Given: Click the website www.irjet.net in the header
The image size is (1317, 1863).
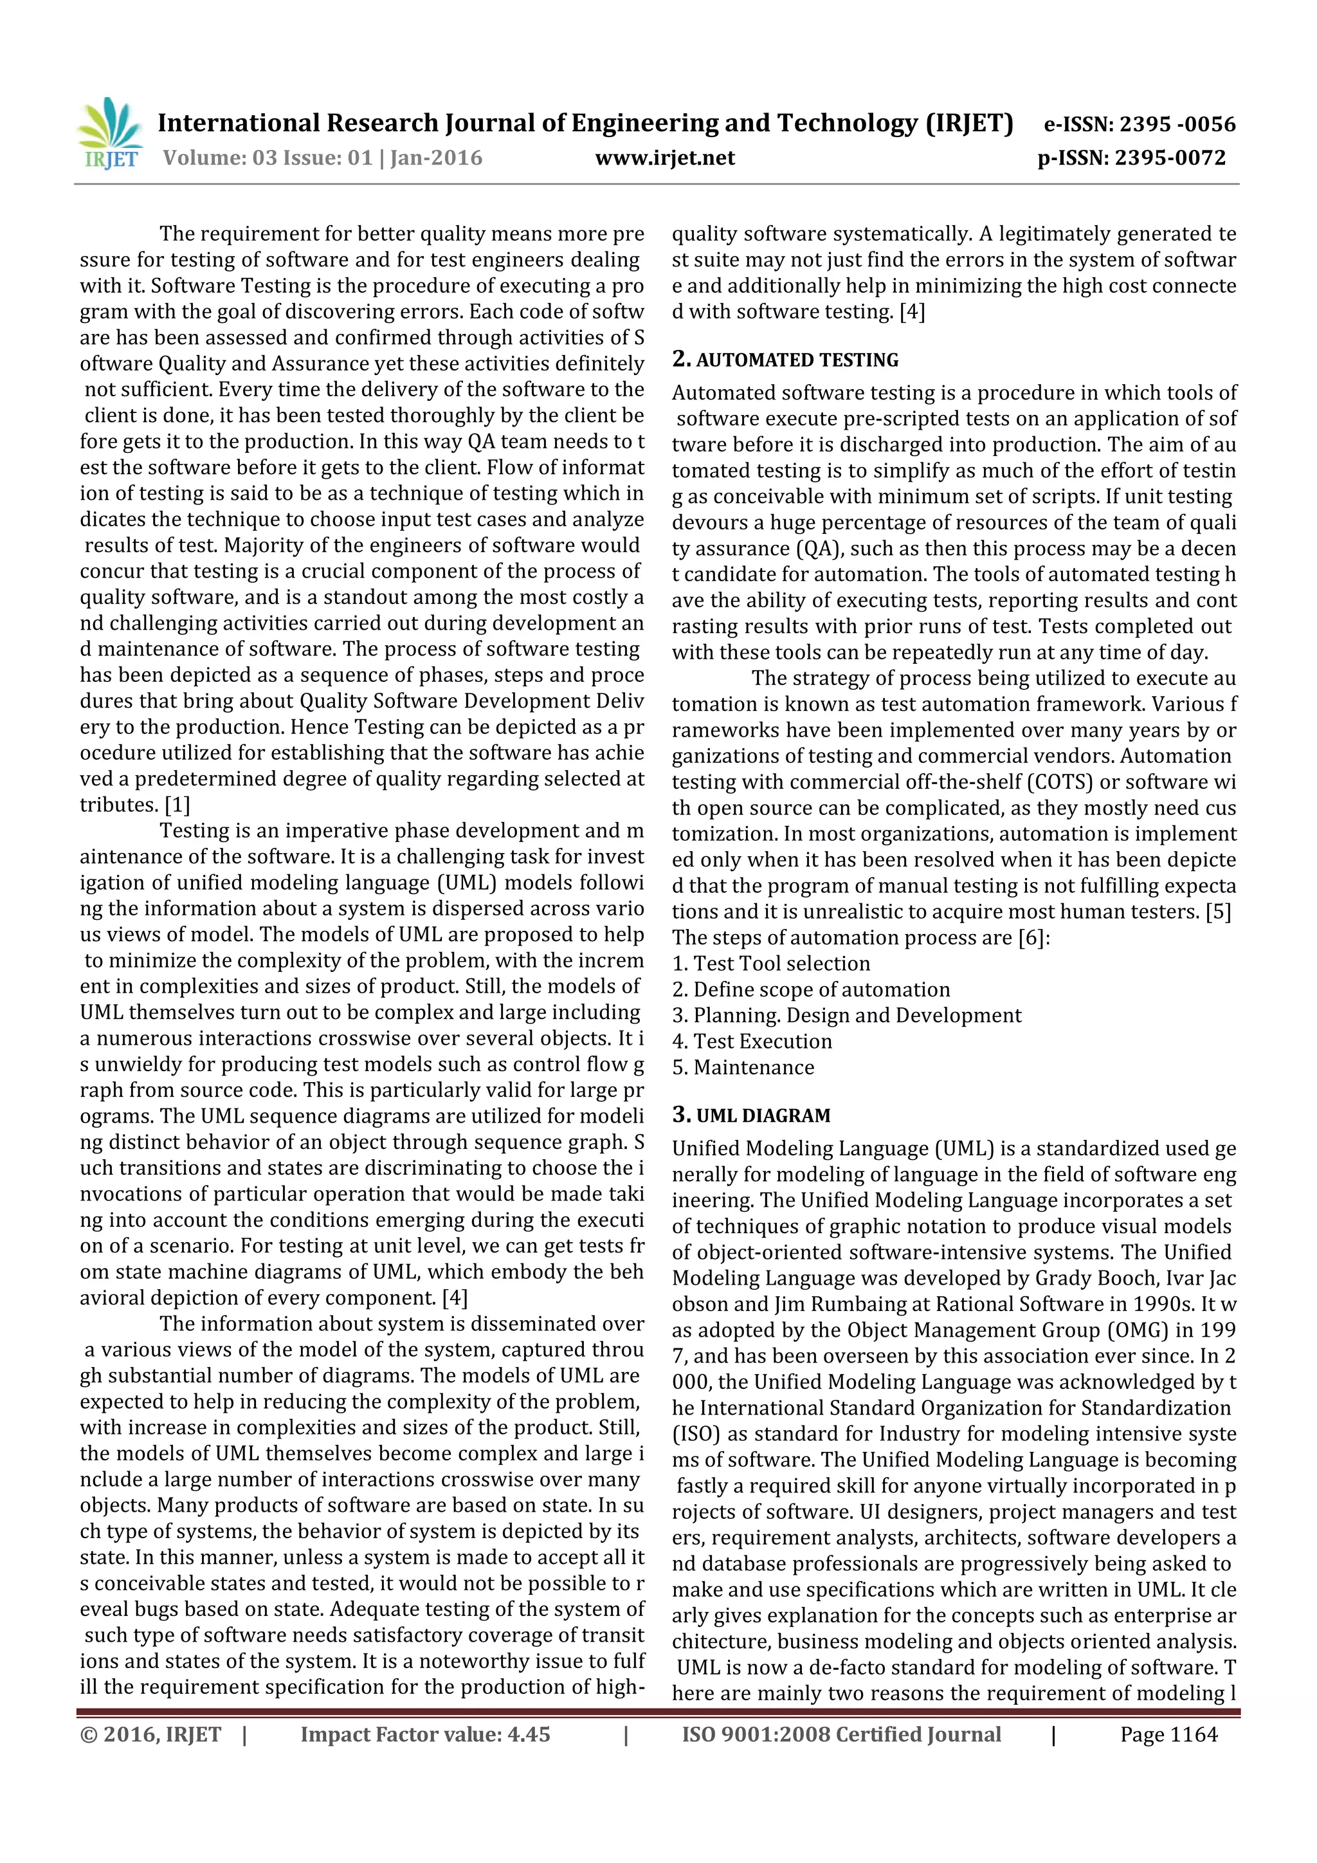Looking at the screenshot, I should pyautogui.click(x=664, y=158).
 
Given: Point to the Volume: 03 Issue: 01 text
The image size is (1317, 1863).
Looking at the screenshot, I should pyautogui.click(x=268, y=158).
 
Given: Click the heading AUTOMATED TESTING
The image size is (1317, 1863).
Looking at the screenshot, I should pyautogui.click(x=797, y=360).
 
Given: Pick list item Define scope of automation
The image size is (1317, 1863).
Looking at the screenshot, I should pyautogui.click(x=821, y=990).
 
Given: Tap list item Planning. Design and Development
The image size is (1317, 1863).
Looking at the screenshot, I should pyautogui.click(x=857, y=1016).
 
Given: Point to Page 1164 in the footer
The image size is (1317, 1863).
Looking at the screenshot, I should pyautogui.click(x=1168, y=1735).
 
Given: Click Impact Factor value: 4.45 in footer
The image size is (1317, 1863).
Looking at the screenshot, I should pyautogui.click(x=425, y=1735).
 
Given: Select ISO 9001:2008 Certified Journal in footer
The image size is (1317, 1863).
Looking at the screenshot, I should pyautogui.click(x=841, y=1735).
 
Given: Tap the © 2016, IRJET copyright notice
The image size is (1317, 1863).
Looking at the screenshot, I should pyautogui.click(x=151, y=1735).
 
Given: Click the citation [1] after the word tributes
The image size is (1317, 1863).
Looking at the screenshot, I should pyautogui.click(x=177, y=805).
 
